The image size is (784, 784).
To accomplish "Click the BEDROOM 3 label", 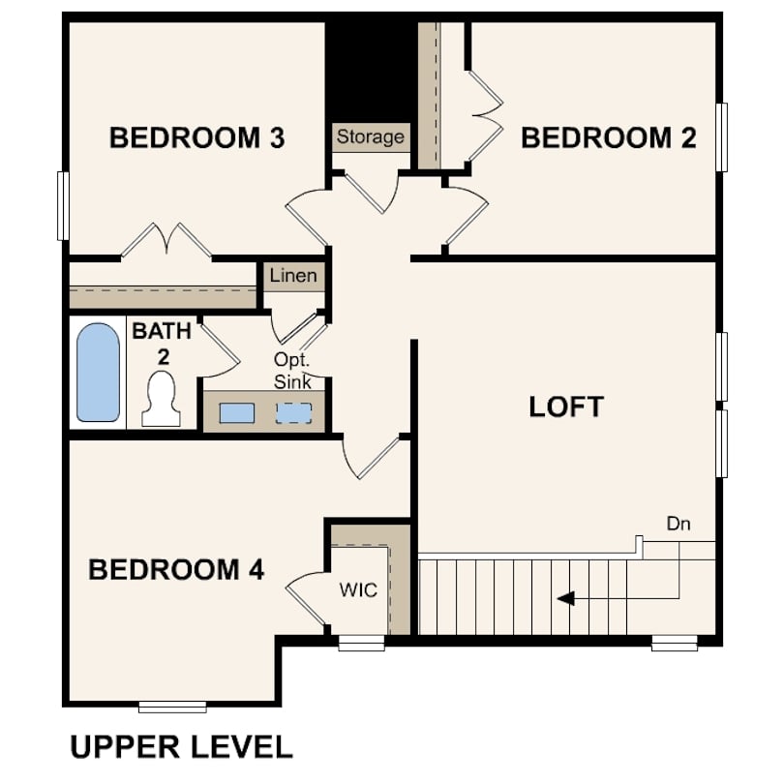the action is pyautogui.click(x=197, y=138).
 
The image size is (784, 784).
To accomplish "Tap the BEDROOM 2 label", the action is pyautogui.click(x=609, y=138).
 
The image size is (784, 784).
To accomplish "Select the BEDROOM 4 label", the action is pyautogui.click(x=176, y=569).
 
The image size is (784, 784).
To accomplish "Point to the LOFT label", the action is pyautogui.click(x=566, y=407).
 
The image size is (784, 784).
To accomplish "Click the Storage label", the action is pyautogui.click(x=371, y=136).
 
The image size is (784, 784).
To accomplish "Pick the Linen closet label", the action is pyautogui.click(x=293, y=275).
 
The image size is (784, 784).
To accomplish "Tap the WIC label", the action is pyautogui.click(x=358, y=590).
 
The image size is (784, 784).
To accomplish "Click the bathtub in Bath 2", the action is pyautogui.click(x=98, y=373).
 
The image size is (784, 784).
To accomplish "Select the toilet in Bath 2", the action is pyautogui.click(x=161, y=399).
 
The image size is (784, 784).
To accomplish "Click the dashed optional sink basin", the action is pyautogui.click(x=294, y=413).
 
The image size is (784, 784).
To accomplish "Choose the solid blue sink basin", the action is pyautogui.click(x=237, y=413).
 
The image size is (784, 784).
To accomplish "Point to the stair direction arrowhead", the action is pyautogui.click(x=565, y=598).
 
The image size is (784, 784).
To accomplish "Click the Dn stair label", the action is pyautogui.click(x=678, y=524).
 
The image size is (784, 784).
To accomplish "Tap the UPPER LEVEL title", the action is pyautogui.click(x=182, y=747).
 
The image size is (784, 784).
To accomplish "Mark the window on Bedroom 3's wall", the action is pyautogui.click(x=63, y=206).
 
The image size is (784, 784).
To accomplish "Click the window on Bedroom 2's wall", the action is pyautogui.click(x=721, y=137).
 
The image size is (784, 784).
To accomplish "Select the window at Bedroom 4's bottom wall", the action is pyautogui.click(x=172, y=707).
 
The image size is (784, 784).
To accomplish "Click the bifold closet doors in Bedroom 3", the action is pyautogui.click(x=166, y=240).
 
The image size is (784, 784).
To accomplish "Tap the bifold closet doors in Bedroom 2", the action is pyautogui.click(x=486, y=116).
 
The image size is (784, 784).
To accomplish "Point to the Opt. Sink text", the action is pyautogui.click(x=292, y=371).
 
